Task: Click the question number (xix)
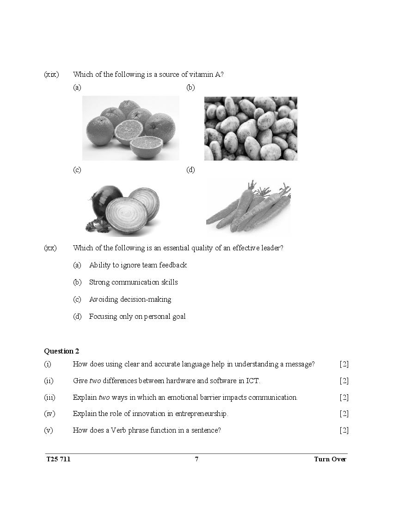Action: [51, 74]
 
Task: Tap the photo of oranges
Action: [131, 128]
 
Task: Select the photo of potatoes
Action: [251, 128]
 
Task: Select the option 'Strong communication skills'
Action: [133, 282]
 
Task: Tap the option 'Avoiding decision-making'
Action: [130, 299]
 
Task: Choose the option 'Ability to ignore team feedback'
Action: [138, 265]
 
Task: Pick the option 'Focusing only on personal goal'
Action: [137, 317]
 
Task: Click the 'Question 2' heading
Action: [61, 351]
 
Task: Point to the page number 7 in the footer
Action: [196, 459]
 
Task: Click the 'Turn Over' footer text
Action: [330, 459]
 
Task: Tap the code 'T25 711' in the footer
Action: [59, 459]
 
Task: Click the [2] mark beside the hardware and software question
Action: [344, 381]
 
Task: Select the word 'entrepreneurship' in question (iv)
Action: [199, 414]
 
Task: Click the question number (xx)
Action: [50, 248]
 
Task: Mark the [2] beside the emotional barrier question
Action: [344, 397]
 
